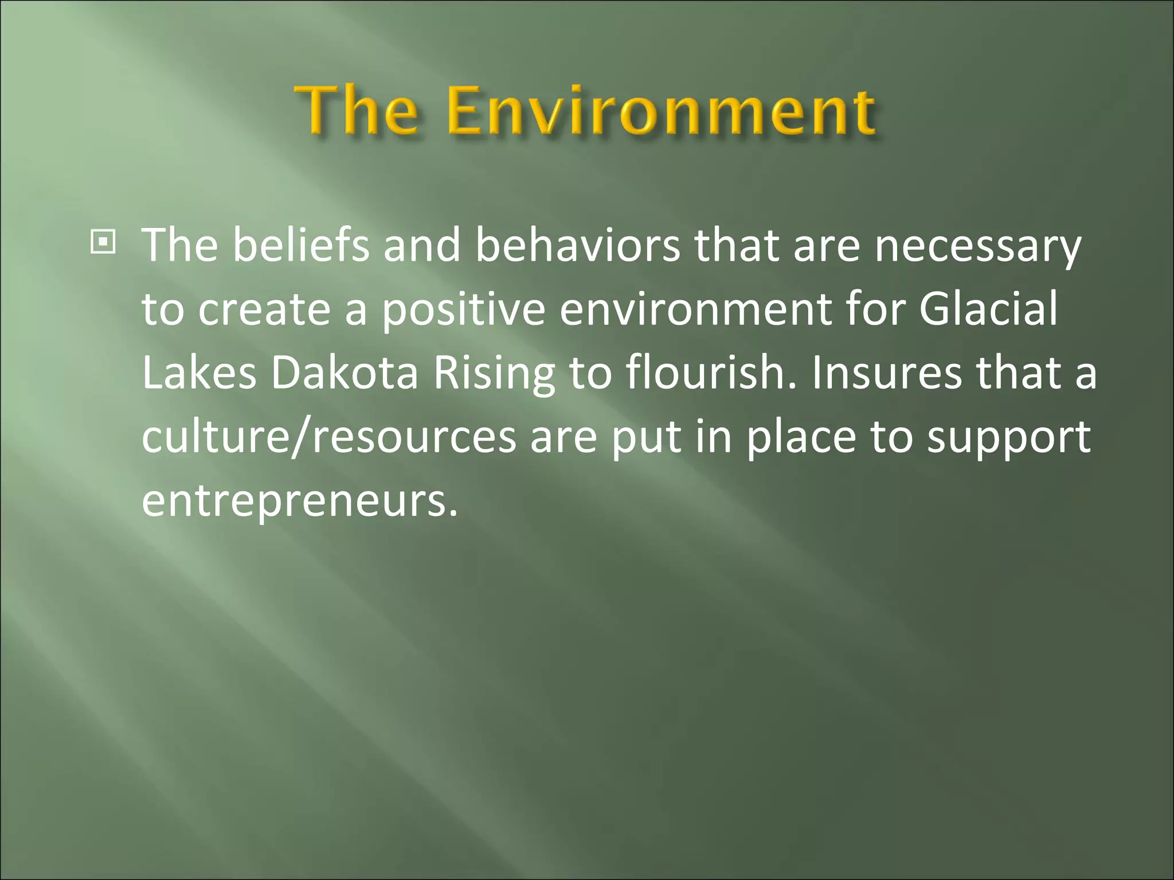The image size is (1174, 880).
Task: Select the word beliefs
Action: [x=301, y=245]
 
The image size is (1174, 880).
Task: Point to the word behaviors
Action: [x=578, y=245]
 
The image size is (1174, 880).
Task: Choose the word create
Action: [x=264, y=310]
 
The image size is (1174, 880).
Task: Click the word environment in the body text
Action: [x=695, y=310]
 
